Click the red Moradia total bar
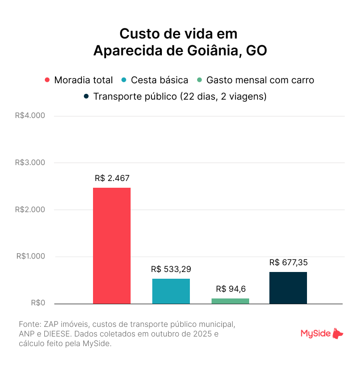111,246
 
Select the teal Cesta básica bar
171,291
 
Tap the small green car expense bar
230,301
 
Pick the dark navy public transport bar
288,288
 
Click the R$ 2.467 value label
112,178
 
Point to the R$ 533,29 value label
171,269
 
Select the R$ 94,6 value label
230,289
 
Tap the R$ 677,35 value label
288,262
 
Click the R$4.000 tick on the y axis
30,116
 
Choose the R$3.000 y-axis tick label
30,163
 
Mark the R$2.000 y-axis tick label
30,210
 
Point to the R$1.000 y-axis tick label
30,257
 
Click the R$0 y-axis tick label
38,303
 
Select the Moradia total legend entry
79,80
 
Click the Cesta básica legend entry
155,80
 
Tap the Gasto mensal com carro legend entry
255,80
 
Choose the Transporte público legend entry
175,96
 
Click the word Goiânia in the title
210,51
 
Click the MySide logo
322,334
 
